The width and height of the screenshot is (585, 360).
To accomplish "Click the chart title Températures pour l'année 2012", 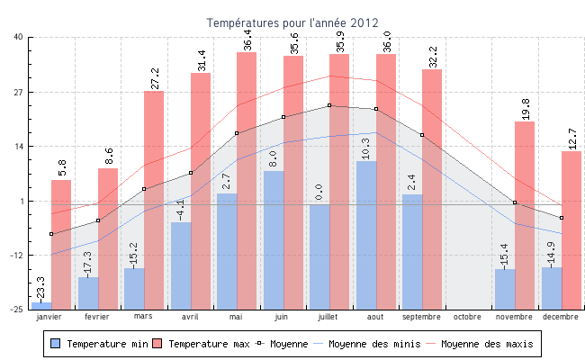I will tap(292, 22).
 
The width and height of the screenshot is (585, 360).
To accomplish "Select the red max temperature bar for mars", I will tap(154, 198).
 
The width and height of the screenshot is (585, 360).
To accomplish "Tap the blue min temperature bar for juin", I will tap(274, 238).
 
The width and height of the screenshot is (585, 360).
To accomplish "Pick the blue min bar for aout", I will tap(366, 234).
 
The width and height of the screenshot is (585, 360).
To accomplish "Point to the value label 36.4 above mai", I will tap(247, 40).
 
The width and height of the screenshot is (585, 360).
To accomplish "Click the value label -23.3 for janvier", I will tap(40, 289).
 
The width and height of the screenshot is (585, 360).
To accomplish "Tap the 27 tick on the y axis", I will tap(19, 92).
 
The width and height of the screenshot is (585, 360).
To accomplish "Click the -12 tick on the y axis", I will tap(17, 255).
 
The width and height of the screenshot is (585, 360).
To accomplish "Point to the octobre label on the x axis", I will tap(468, 317).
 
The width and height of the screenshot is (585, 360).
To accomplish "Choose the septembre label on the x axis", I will tap(421, 317).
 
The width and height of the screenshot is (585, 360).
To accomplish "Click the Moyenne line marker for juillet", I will tap(329, 105).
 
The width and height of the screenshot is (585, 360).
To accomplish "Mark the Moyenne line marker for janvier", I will tap(51, 234).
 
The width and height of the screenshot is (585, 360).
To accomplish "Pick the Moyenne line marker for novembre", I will tap(515, 203).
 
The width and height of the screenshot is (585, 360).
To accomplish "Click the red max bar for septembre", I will tap(432, 188).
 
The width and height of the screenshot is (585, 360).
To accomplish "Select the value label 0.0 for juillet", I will tap(319, 192).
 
